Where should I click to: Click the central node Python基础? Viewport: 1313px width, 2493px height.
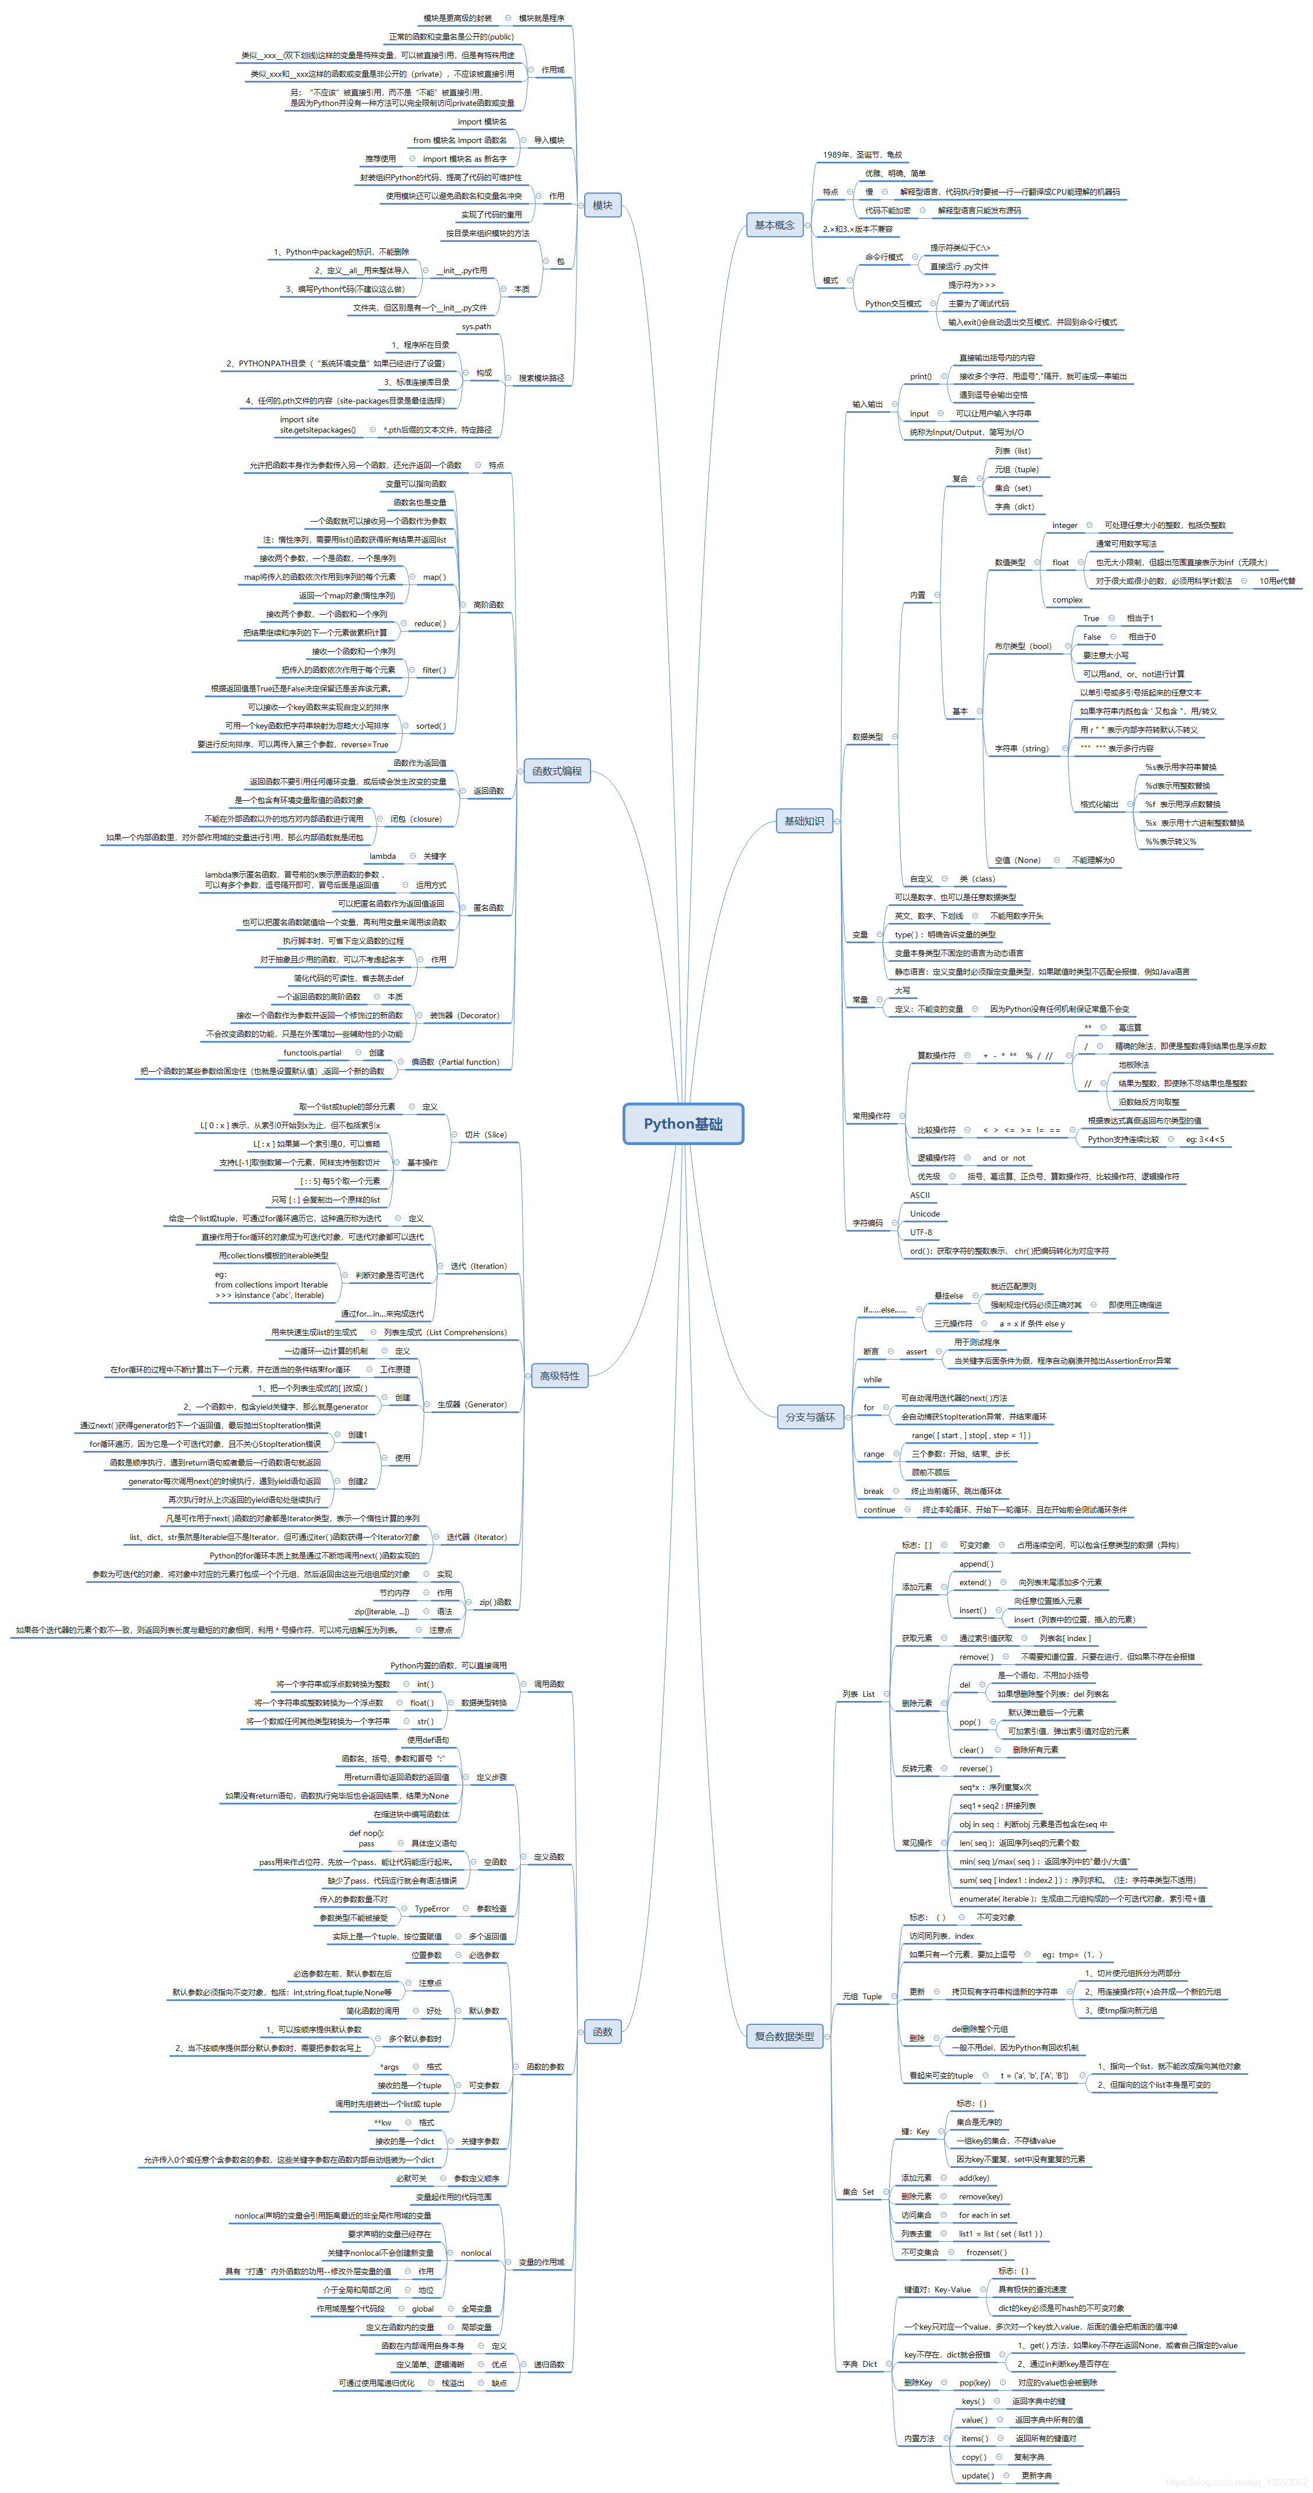click(x=682, y=1124)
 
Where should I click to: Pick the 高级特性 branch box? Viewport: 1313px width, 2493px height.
click(x=559, y=1375)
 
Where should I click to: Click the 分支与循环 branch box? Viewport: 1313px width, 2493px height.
click(x=809, y=1417)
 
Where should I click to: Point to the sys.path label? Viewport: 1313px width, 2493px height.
click(x=476, y=326)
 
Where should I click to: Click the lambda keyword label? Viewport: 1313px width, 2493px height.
click(x=382, y=855)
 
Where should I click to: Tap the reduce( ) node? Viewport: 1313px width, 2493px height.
click(x=430, y=623)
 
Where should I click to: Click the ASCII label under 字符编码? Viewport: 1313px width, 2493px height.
click(x=919, y=1195)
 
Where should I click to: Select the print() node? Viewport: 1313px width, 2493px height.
click(x=920, y=376)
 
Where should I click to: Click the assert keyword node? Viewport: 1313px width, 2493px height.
click(x=915, y=1351)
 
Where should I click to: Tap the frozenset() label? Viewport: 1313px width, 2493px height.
click(x=986, y=2252)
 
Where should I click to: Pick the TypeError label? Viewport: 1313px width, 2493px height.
click(x=431, y=1909)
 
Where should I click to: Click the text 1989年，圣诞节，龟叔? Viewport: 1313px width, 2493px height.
click(x=862, y=155)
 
